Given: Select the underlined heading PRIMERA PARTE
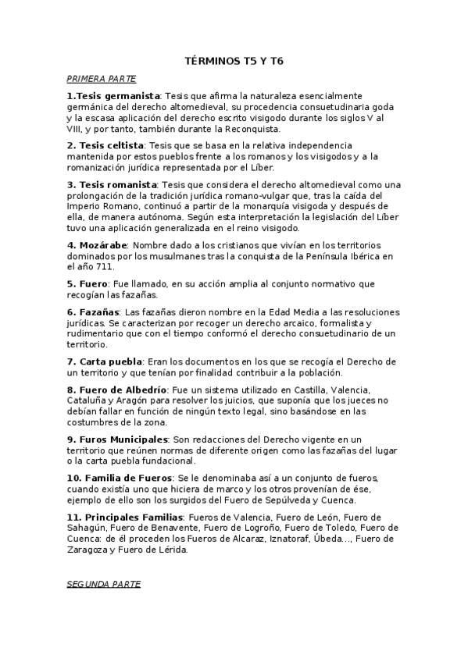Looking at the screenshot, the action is tap(102, 79).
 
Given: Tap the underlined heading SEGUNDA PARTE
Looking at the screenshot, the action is tap(104, 584).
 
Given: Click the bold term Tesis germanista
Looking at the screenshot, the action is tap(117, 95).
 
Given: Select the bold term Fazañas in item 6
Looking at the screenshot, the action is tap(92, 311).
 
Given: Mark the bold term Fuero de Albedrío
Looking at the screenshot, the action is tap(116, 390).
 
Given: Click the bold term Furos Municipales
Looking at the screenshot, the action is tap(117, 440).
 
